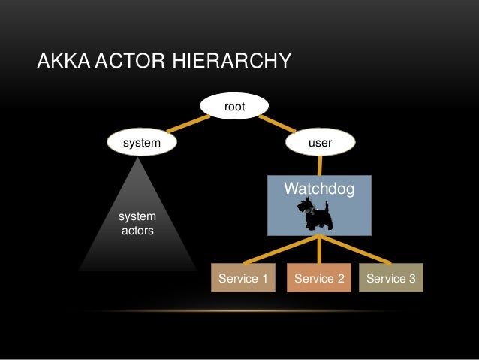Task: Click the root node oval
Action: (234, 107)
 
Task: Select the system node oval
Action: (141, 141)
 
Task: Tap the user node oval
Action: (321, 141)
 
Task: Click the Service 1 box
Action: (243, 279)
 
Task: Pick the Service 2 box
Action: (319, 279)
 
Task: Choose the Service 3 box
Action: (390, 279)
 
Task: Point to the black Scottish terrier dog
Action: (315, 214)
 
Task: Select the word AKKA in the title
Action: (62, 61)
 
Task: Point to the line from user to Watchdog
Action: (321, 165)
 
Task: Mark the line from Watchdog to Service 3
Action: (356, 250)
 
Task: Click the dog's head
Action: (303, 205)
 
